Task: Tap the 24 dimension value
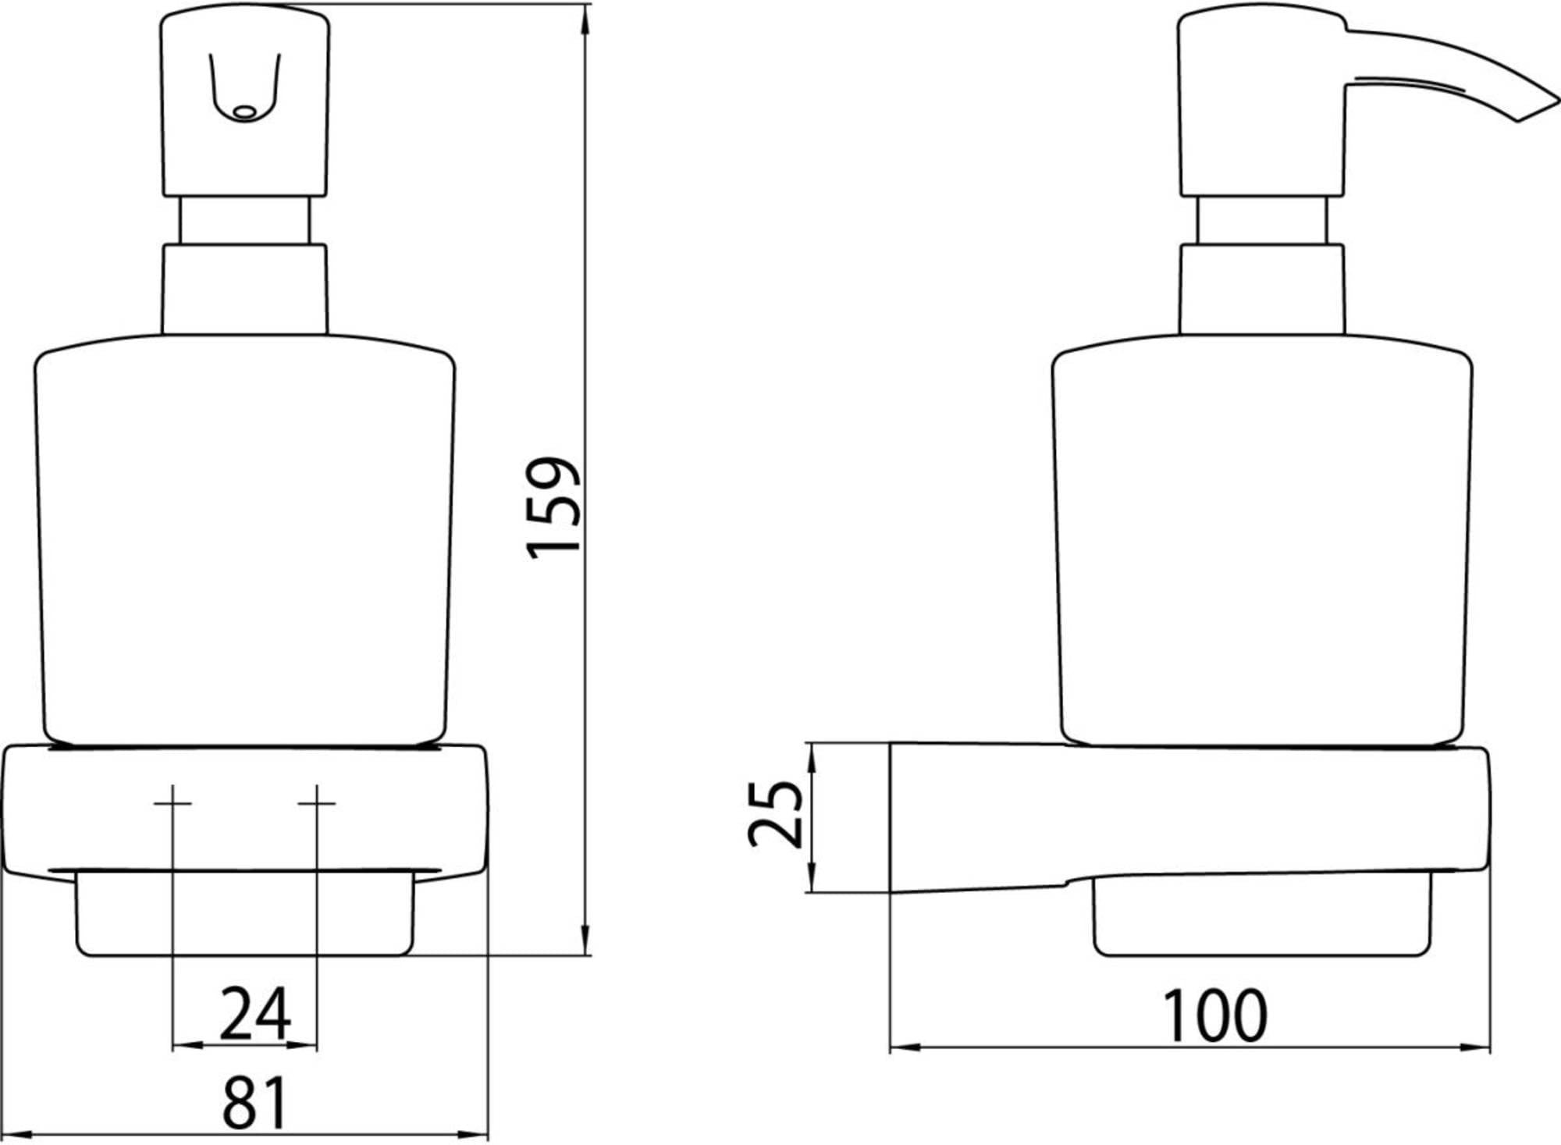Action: pyautogui.click(x=255, y=1014)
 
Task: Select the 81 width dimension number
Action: pyautogui.click(x=255, y=1102)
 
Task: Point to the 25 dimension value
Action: pyautogui.click(x=774, y=813)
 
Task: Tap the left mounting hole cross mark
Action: pyautogui.click(x=172, y=803)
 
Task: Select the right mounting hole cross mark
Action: pyautogui.click(x=317, y=803)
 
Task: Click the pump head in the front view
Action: pyautogui.click(x=245, y=101)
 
